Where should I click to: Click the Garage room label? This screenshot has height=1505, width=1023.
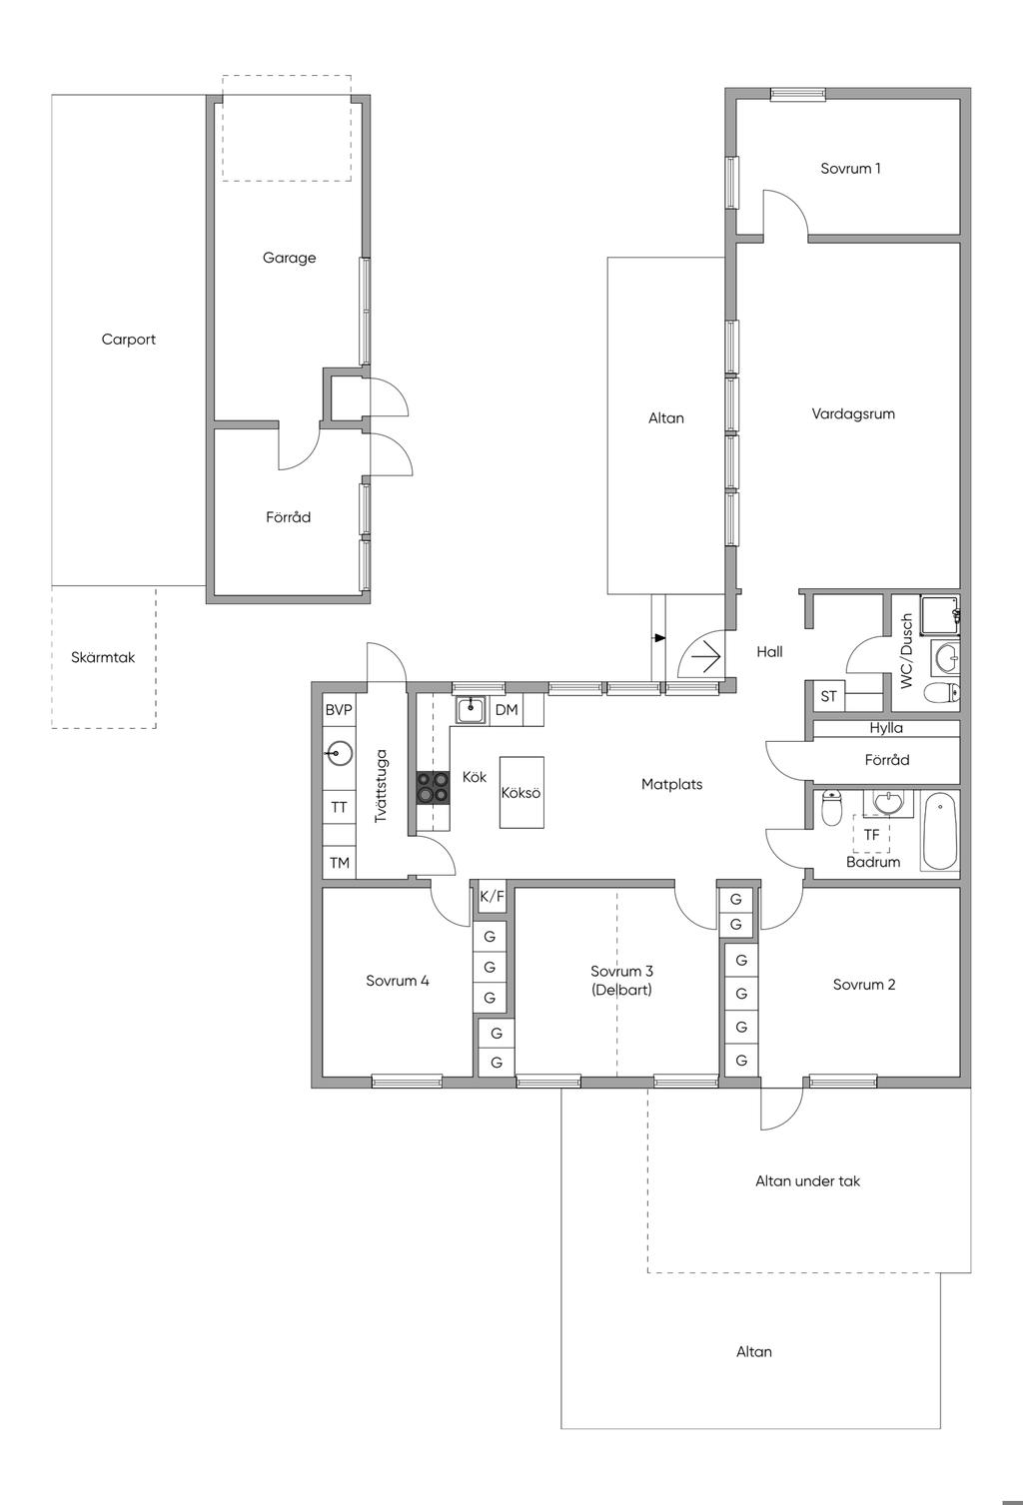289,258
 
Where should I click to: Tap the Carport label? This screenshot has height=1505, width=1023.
129,340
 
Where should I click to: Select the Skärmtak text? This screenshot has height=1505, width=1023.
103,657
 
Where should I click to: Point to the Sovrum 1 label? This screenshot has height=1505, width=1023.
850,169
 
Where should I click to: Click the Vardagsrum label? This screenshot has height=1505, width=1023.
853,413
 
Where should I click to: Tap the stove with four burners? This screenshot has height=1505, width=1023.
433,787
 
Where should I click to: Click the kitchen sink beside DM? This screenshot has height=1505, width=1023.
472,709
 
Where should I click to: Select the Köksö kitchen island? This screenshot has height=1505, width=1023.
520,792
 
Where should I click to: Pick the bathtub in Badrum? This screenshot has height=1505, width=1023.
940,833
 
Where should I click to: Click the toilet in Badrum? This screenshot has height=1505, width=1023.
832,808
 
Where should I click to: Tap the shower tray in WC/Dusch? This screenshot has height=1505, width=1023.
940,614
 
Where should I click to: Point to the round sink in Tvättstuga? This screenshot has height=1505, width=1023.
340,753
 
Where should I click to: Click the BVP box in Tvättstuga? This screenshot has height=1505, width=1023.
339,709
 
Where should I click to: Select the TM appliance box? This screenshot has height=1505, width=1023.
340,863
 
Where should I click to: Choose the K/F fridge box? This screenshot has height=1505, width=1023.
492,896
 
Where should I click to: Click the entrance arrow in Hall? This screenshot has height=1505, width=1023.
704,656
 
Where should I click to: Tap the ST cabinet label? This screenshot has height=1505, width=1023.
828,697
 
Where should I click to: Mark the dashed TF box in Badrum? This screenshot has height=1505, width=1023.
871,834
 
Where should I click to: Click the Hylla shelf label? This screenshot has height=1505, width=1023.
886,728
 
